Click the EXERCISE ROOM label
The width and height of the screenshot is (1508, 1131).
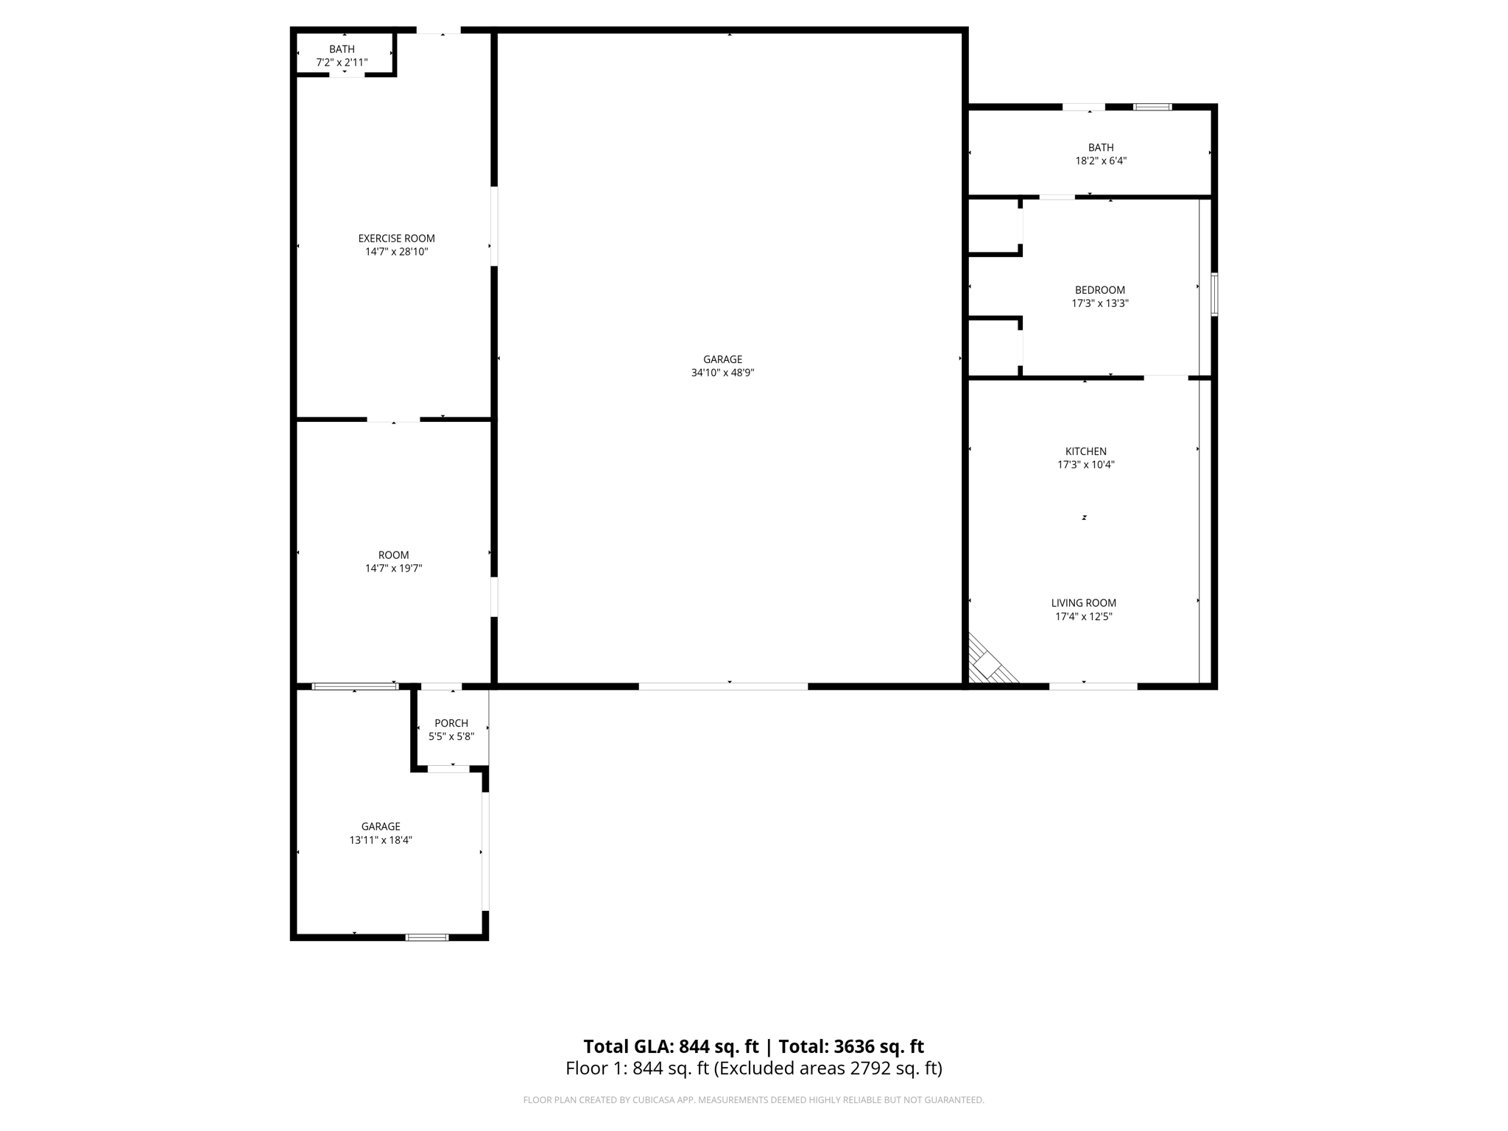pos(396,239)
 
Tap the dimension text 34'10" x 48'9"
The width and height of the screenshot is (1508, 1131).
pos(722,373)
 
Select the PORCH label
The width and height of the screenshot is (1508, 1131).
pos(451,723)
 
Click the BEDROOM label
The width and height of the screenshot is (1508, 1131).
pos(1099,290)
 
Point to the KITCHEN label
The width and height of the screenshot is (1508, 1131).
pos(1085,451)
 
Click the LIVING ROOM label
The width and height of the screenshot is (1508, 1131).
pos(1083,603)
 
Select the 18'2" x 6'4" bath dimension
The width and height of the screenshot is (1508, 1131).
pos(1100,161)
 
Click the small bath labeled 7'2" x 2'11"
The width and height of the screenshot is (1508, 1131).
pos(342,55)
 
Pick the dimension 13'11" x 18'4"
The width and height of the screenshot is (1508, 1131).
pos(381,840)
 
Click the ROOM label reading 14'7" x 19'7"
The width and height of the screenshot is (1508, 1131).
pos(393,555)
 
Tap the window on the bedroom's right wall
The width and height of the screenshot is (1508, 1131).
pos(1214,295)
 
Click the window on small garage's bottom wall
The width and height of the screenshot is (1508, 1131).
pos(427,937)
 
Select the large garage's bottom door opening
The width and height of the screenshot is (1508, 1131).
pos(722,686)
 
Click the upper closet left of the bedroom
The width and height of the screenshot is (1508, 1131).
pos(993,227)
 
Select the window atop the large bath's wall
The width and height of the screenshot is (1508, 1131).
pos(1152,107)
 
